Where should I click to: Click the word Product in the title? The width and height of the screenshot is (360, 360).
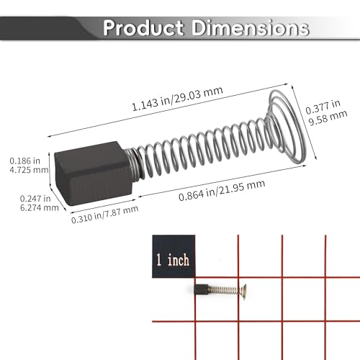tap(143, 27)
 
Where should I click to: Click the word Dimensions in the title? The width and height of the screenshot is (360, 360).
tap(250, 27)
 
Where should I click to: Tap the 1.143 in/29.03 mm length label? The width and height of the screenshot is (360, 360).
tap(177, 99)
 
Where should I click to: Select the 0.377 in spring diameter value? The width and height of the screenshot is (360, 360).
tap(323, 107)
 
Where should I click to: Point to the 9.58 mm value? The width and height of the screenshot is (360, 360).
tap(328, 118)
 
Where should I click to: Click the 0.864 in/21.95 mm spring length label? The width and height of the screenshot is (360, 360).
tap(222, 190)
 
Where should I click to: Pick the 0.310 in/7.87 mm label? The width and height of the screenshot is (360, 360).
tap(104, 215)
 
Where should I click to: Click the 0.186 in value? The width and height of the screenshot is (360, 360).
tap(24, 161)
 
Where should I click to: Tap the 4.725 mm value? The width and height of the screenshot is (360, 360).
tap(29, 170)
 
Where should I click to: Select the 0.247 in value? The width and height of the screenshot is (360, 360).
tap(35, 199)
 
